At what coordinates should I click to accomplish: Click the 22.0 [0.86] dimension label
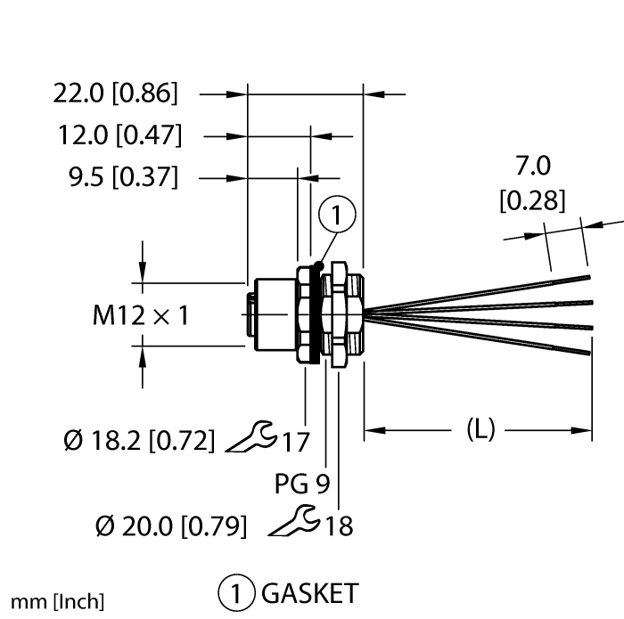point(115,94)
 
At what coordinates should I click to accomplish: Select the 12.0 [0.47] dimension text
point(120,135)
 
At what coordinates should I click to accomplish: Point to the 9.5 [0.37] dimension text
point(123,177)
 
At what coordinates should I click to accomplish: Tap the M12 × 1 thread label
point(141,315)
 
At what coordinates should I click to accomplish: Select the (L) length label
point(480,429)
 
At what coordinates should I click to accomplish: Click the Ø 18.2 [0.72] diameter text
point(139,441)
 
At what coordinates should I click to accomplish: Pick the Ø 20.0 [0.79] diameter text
point(171,526)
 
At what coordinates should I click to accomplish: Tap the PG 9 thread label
point(302,484)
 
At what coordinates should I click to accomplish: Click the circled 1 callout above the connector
point(337,215)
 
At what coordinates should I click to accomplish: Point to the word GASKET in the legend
point(310,593)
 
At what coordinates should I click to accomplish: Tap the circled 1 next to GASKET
point(236,593)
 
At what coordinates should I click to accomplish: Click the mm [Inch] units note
point(57,601)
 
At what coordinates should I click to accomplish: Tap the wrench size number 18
point(339,525)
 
